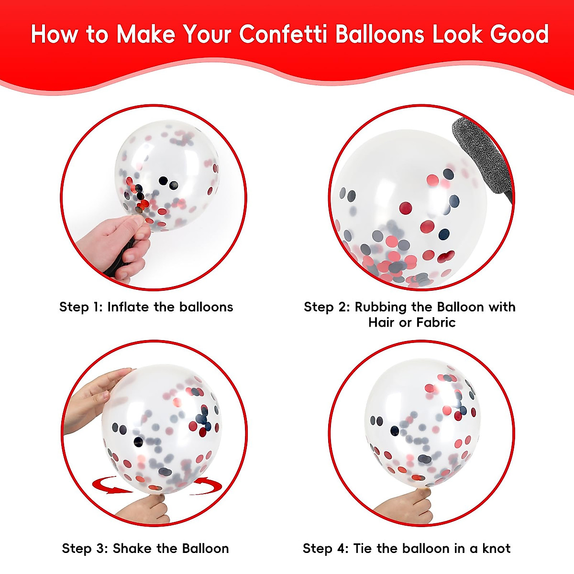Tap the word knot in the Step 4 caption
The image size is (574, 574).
tap(497, 548)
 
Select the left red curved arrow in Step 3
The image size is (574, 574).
tap(109, 485)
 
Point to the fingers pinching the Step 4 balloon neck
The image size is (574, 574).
tap(407, 505)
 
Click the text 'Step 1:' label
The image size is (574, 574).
tap(81, 307)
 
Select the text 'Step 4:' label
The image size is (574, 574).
tap(325, 548)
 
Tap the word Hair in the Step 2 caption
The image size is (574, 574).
tap(381, 322)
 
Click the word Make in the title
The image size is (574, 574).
tap(146, 34)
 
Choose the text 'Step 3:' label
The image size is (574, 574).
tap(85, 548)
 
